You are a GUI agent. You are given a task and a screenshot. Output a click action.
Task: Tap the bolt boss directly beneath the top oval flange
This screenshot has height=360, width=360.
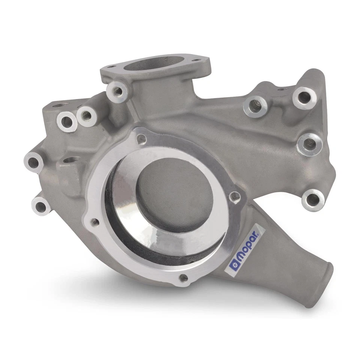tap(117, 90)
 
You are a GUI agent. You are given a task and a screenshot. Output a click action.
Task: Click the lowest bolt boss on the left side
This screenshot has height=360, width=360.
tap(40, 205)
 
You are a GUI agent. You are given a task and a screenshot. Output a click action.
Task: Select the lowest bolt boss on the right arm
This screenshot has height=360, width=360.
tap(312, 199)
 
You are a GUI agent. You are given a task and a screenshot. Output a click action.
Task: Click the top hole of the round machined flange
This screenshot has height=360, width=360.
tap(141, 139)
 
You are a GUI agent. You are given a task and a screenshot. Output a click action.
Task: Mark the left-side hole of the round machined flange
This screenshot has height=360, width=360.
tap(95, 222)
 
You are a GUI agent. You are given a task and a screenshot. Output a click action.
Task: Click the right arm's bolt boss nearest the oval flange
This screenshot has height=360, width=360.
tap(255, 106)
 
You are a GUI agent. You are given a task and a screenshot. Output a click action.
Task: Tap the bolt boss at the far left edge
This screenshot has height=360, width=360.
tap(33, 162)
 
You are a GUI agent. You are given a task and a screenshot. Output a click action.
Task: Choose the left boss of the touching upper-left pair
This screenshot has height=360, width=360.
tap(67, 121)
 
